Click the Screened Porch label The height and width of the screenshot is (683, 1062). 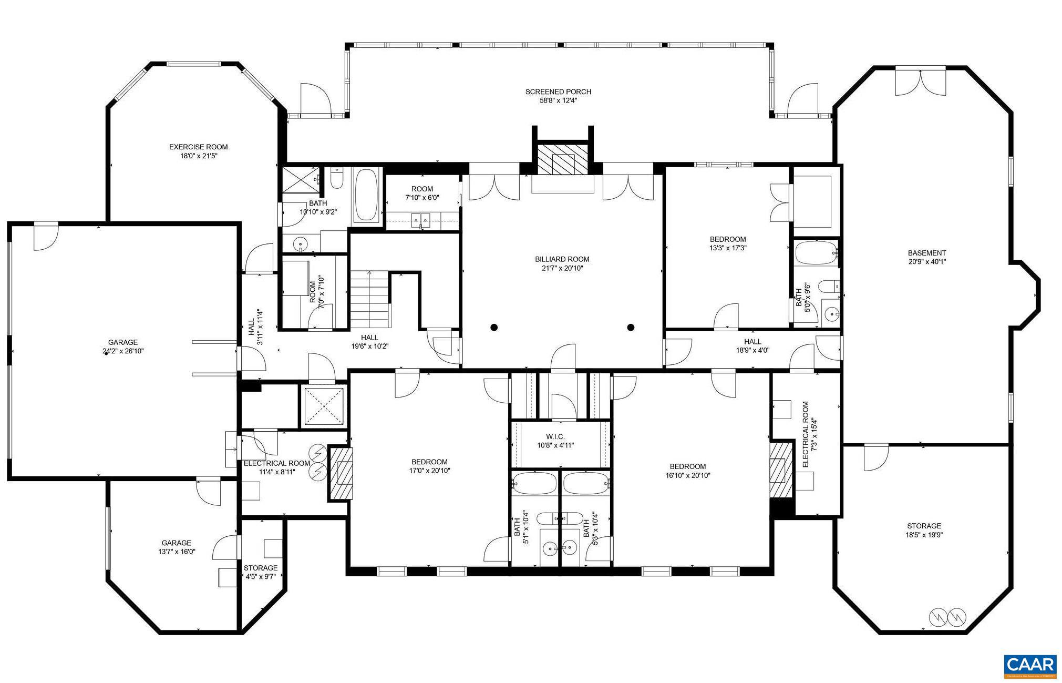click(558, 92)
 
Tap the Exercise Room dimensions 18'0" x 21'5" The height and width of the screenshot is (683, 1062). click(198, 156)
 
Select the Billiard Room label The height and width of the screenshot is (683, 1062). click(562, 259)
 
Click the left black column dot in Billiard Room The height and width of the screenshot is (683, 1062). click(493, 328)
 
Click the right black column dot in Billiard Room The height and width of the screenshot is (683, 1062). click(631, 328)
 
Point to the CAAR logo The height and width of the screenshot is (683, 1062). click(1029, 665)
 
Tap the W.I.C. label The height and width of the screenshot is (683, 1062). click(555, 437)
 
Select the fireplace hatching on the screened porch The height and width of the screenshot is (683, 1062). click(562, 159)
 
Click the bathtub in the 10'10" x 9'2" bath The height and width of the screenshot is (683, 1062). click(366, 196)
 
